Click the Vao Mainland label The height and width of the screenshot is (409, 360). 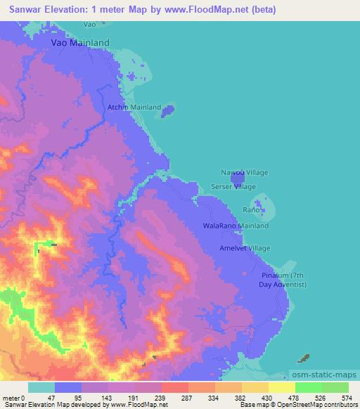[80, 43]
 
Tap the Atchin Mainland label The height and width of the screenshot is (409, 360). [134, 108]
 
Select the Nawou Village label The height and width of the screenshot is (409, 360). [244, 172]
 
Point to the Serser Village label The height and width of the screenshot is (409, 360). [233, 187]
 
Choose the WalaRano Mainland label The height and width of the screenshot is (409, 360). [236, 226]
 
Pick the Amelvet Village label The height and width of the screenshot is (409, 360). [245, 249]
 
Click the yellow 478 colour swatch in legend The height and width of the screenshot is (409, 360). [282, 387]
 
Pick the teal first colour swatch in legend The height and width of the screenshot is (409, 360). [41, 387]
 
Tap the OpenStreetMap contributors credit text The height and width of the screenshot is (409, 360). [321, 405]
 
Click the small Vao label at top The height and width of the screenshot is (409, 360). [89, 24]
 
